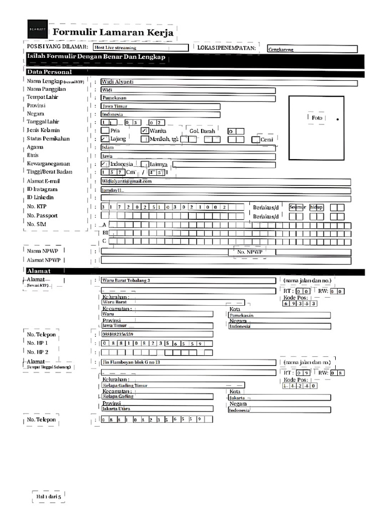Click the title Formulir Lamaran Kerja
tap(113, 33)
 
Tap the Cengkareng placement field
tap(312, 49)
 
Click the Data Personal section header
tap(50, 72)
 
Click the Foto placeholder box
tap(316, 118)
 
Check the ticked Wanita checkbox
tap(145, 131)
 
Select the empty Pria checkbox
tap(105, 131)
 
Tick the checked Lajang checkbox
tap(105, 139)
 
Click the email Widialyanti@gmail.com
tap(126, 181)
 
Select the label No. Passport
tap(42, 215)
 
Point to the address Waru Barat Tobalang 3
tap(126, 280)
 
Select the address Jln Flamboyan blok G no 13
tap(131, 362)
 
